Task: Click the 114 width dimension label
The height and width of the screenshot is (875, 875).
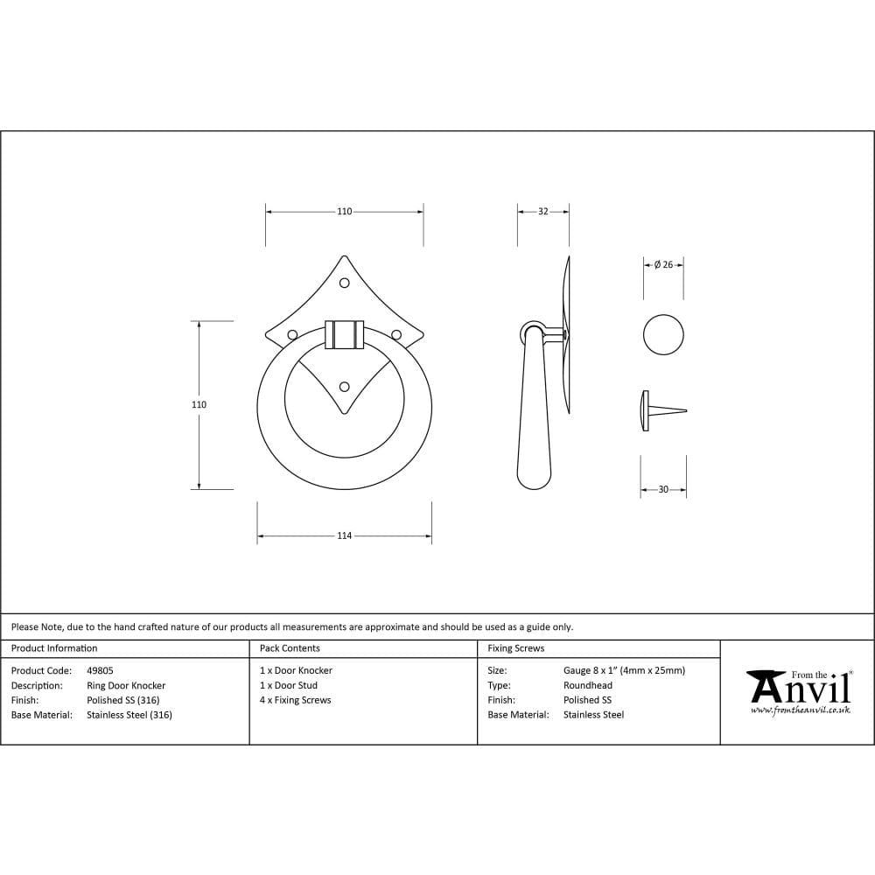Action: [344, 535]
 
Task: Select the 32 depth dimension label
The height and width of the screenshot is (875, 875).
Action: [542, 212]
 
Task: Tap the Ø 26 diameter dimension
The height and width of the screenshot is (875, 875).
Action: [663, 265]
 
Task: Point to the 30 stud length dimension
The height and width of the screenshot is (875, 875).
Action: [662, 490]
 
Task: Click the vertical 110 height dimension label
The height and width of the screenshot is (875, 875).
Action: [199, 405]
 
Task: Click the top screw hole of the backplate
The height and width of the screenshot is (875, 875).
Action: [344, 283]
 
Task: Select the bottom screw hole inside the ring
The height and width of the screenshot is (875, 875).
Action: [344, 386]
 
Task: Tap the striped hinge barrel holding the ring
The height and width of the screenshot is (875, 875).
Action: [344, 334]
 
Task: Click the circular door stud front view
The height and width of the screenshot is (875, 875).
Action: [663, 334]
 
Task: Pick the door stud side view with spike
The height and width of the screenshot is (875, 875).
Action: [661, 410]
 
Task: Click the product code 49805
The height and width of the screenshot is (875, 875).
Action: [100, 671]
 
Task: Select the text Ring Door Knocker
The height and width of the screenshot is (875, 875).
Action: [126, 686]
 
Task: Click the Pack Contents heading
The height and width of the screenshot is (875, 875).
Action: [290, 648]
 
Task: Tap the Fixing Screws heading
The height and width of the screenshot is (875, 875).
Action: [515, 648]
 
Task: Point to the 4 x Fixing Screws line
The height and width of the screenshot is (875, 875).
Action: [295, 700]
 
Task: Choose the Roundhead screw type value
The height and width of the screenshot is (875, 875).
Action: [587, 686]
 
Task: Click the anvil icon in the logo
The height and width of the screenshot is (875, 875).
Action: [766, 685]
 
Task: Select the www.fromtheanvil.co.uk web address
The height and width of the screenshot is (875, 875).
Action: [800, 710]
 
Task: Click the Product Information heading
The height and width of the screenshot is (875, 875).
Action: [54, 648]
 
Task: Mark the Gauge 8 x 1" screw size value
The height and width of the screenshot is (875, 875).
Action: [624, 671]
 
